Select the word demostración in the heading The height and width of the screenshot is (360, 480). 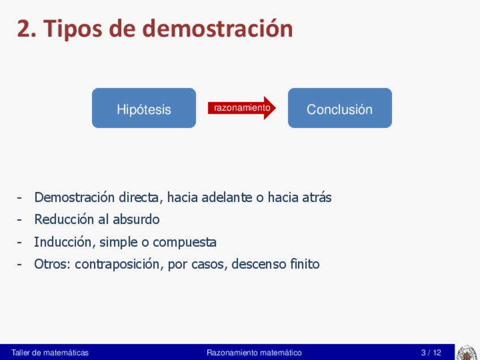tap(218, 28)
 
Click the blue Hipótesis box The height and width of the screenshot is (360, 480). tap(144, 108)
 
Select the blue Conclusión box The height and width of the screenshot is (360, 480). tap(340, 108)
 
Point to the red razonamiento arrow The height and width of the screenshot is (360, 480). tap(242, 108)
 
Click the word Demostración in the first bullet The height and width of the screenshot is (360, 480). tap(75, 197)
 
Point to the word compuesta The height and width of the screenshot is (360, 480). tap(185, 242)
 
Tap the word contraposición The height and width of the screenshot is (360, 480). tap(117, 264)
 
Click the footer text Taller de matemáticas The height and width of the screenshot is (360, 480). tap(50, 353)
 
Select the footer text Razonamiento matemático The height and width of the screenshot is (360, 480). tap(254, 353)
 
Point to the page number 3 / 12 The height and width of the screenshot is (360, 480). tap(431, 353)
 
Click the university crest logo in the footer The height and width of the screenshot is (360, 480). tap(466, 353)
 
